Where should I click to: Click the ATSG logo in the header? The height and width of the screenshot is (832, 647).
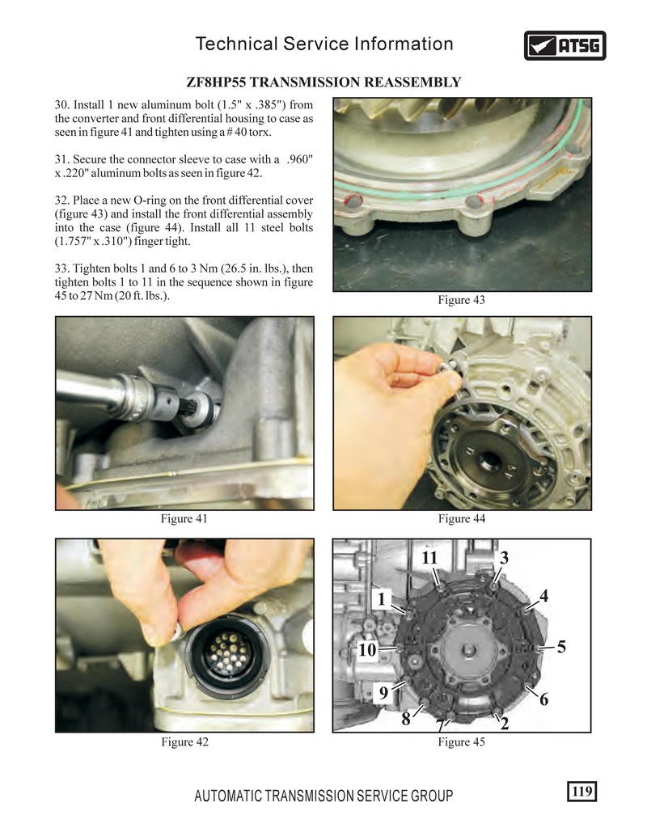coord(565,45)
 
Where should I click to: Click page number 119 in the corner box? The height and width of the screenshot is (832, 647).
coord(581,791)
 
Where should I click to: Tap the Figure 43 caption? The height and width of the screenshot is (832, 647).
coord(461,300)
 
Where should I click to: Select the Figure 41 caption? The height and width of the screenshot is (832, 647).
coord(184,518)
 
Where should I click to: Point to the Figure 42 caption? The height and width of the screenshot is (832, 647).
coord(184,741)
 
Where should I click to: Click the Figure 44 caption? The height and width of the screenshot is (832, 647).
coord(461,518)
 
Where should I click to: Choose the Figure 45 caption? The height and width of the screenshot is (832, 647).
coord(461,741)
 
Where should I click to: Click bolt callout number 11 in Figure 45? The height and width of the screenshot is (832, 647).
coord(429,557)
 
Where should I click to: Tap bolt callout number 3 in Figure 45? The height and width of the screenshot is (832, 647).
coord(504,557)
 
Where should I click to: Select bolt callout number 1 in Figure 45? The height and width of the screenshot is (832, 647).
coord(381,599)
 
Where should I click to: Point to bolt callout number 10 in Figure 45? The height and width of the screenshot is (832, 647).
coord(367,649)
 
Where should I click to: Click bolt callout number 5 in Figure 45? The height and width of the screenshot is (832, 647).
coord(561,647)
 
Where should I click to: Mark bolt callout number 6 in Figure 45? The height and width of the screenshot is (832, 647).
coord(544,699)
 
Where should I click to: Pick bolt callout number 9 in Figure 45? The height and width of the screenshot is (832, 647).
coord(383,693)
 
